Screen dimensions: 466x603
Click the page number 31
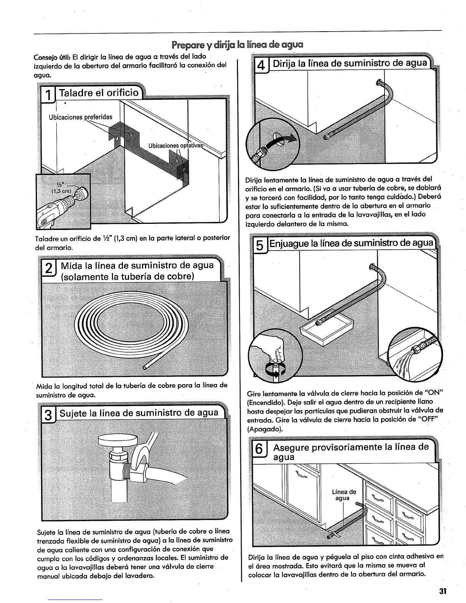(x=442, y=591)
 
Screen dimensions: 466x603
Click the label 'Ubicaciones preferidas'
(x=81, y=117)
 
